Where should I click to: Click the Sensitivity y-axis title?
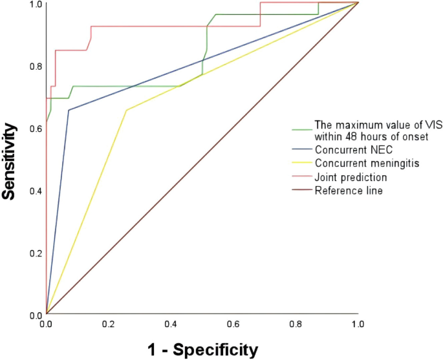pos(10,158)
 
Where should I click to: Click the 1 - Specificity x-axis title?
pos(202,350)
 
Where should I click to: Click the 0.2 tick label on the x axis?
pos(109,322)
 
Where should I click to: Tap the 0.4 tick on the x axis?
pos(171,322)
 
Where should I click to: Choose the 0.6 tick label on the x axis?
pos(233,322)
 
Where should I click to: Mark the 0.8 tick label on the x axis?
pos(296,322)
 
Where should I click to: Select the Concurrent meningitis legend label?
pos(367,164)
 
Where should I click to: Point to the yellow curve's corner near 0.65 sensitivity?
pos(126,111)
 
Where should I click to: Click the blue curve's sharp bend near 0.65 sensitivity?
pos(69,111)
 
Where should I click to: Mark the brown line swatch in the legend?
pos(301,191)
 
